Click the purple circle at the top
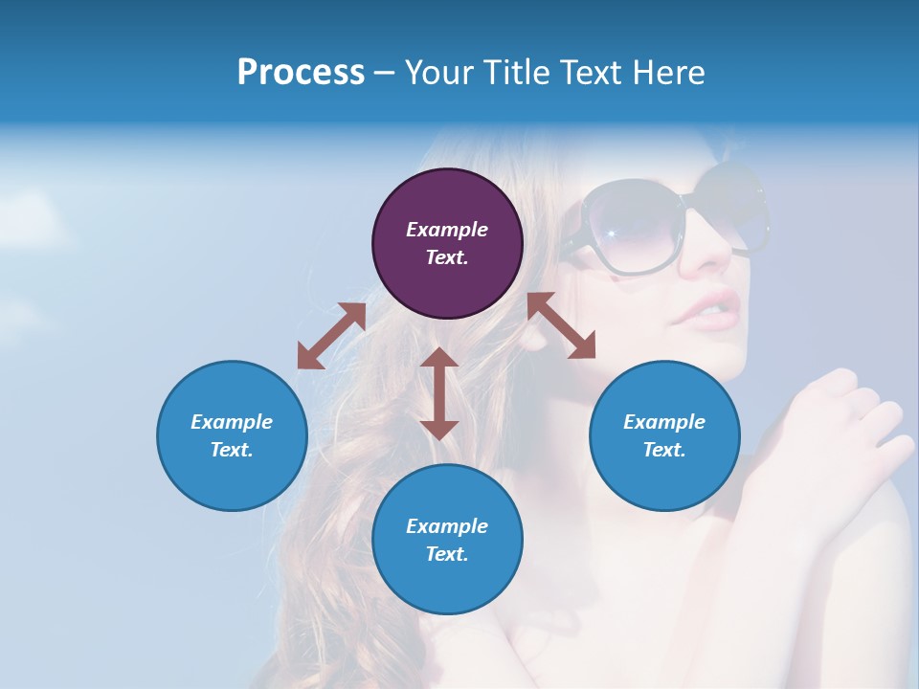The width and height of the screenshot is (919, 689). point(447,244)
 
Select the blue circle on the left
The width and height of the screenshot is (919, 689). point(232,435)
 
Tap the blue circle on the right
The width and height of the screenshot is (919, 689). point(664,435)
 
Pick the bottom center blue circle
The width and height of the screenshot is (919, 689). point(447,540)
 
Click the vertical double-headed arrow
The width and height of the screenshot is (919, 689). point(439,393)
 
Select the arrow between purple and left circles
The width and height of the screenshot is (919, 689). point(331,336)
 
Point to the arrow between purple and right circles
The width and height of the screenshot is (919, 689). point(561,325)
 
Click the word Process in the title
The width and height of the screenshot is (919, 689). point(301,73)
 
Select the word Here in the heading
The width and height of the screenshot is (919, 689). point(667,73)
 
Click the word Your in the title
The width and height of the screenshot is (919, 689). point(438,73)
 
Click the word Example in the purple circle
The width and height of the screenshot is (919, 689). point(447,230)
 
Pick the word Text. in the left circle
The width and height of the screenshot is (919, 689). point(232,450)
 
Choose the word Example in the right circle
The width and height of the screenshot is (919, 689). point(664,422)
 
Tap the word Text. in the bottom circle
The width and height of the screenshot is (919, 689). point(447,554)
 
